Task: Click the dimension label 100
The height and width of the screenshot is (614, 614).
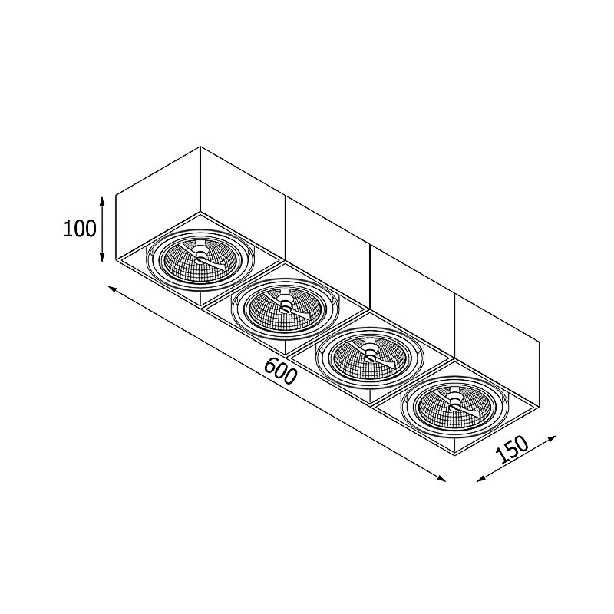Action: (80, 229)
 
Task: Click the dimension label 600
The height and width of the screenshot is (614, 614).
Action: (279, 371)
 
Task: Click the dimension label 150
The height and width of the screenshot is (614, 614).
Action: (512, 450)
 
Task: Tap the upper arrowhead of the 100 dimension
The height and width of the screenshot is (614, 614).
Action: (102, 202)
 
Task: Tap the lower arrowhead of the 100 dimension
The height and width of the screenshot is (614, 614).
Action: (102, 256)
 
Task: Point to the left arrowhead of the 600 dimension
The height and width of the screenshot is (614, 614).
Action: (112, 289)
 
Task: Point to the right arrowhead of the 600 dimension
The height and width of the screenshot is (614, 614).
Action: (441, 477)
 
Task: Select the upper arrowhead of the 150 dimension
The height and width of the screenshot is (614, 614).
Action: (552, 437)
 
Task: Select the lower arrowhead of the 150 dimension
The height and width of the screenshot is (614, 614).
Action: (481, 478)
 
